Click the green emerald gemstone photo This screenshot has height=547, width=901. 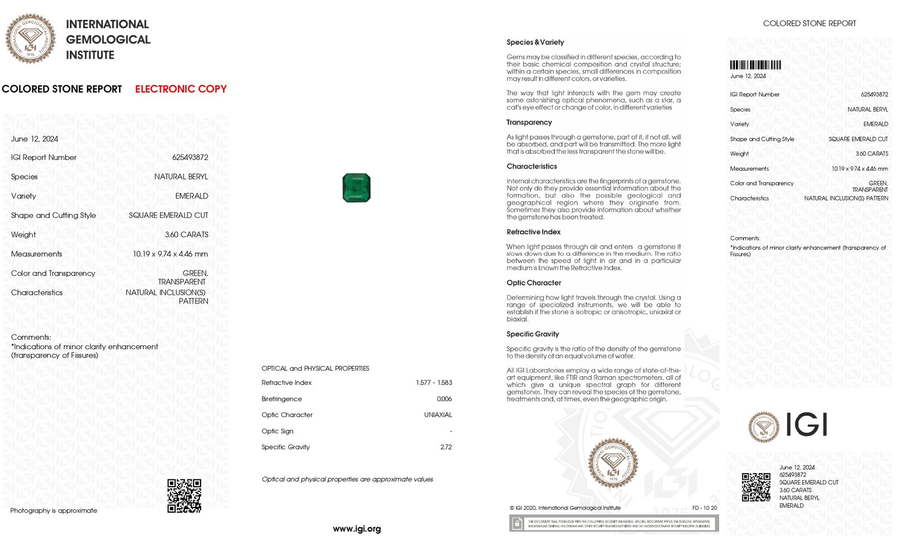[356, 188]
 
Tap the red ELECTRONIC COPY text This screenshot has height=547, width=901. [181, 89]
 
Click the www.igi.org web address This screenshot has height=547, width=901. [356, 528]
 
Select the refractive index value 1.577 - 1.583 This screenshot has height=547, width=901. [434, 383]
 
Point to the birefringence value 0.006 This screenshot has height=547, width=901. [444, 399]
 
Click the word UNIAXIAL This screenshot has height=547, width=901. [438, 415]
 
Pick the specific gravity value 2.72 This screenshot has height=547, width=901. [446, 447]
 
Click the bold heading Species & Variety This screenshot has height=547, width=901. [535, 42]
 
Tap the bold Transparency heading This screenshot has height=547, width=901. [529, 122]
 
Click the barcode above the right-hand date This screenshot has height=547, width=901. [755, 65]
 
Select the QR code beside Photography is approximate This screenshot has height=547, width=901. [184, 496]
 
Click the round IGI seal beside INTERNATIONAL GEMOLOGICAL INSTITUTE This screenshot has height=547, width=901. [30, 39]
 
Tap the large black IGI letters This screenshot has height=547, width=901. [806, 425]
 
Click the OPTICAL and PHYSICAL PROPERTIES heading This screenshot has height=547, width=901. [315, 368]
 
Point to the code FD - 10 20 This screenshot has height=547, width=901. [704, 508]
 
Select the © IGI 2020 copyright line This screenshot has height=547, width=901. [565, 508]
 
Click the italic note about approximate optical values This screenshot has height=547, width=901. [347, 479]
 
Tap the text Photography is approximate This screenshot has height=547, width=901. [53, 510]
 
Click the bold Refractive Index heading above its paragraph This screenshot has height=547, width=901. [533, 232]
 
